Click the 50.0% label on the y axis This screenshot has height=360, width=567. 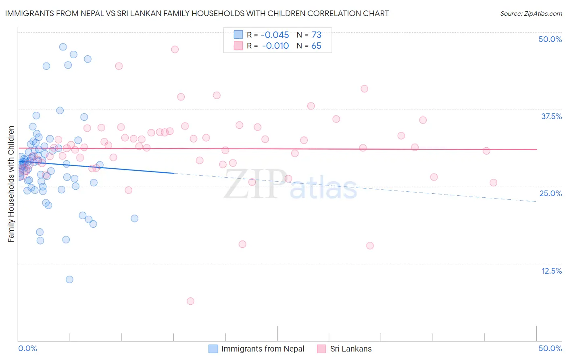click(x=550, y=39)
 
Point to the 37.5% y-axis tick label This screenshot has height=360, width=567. click(x=551, y=116)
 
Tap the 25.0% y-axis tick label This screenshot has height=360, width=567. click(x=550, y=193)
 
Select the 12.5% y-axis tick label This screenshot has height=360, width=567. click(x=551, y=271)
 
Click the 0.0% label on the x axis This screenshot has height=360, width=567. click(x=27, y=348)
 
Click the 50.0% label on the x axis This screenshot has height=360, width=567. click(x=550, y=348)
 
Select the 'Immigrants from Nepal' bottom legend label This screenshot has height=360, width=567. click(x=263, y=349)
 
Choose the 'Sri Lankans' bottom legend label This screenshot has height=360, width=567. click(x=351, y=349)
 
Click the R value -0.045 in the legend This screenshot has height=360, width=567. click(x=275, y=35)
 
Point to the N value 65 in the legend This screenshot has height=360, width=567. click(x=316, y=46)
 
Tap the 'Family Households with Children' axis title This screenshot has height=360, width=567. click(x=11, y=184)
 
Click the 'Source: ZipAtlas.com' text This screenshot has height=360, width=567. click(x=531, y=13)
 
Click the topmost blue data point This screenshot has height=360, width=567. click(x=63, y=47)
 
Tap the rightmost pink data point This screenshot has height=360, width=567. click(x=493, y=182)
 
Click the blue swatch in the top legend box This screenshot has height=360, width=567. click(x=238, y=35)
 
